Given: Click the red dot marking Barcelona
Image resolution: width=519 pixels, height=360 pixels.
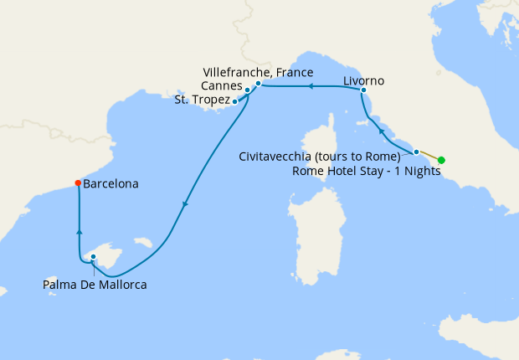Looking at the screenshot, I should (x=78, y=183).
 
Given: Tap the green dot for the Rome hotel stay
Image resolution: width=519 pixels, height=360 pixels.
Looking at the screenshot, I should (x=441, y=160).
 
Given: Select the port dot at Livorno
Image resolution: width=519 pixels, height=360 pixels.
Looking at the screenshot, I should (x=363, y=90).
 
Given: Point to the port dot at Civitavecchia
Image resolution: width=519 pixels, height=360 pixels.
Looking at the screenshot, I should (x=416, y=152).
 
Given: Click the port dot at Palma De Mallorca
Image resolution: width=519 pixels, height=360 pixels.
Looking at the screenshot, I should (x=94, y=257).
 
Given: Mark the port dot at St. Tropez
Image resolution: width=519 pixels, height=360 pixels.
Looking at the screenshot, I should (x=234, y=101).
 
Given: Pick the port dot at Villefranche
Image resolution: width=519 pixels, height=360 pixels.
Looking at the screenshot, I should (x=259, y=84).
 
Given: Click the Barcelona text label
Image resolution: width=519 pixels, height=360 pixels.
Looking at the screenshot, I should (x=110, y=183).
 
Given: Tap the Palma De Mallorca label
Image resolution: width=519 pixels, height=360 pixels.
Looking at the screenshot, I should (x=95, y=285).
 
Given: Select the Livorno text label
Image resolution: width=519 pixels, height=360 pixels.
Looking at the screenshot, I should (x=364, y=81).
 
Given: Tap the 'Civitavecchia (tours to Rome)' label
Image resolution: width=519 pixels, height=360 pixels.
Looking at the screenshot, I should (x=319, y=157).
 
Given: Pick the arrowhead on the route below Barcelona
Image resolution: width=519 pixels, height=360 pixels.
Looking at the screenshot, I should (x=78, y=234).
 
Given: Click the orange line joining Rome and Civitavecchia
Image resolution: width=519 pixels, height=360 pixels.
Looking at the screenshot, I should (x=429, y=156).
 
